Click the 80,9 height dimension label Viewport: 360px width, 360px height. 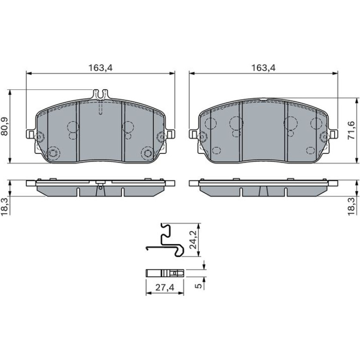point(4,126)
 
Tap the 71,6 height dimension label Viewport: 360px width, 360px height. point(351,130)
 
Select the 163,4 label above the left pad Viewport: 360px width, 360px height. point(101,68)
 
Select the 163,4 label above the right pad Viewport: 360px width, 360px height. point(263,68)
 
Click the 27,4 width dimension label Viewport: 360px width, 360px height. point(165,287)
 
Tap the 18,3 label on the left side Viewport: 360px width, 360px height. point(4,206)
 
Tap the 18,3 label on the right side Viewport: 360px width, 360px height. point(351,206)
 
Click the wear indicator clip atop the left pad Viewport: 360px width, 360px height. point(101,94)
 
